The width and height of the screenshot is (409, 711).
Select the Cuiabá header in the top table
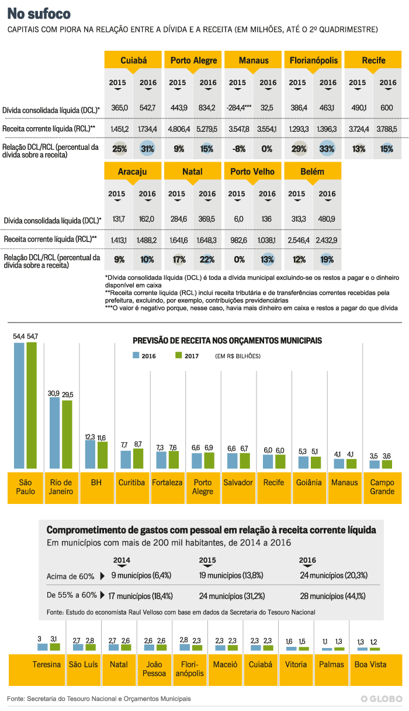[x=133, y=61]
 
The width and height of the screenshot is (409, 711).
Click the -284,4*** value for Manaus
[x=238, y=108]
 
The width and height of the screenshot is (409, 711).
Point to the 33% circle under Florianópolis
[x=327, y=149]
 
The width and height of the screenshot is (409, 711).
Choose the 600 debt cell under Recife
[x=387, y=108]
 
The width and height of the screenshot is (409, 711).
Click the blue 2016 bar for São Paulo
[x=19, y=405]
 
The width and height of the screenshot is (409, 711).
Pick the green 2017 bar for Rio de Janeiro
[x=67, y=435]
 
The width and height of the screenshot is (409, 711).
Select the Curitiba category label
[x=131, y=482]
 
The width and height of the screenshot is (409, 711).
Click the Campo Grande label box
[x=383, y=486]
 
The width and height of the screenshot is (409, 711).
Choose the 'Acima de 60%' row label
[x=70, y=576]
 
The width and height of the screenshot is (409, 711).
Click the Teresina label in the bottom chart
[x=47, y=664]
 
